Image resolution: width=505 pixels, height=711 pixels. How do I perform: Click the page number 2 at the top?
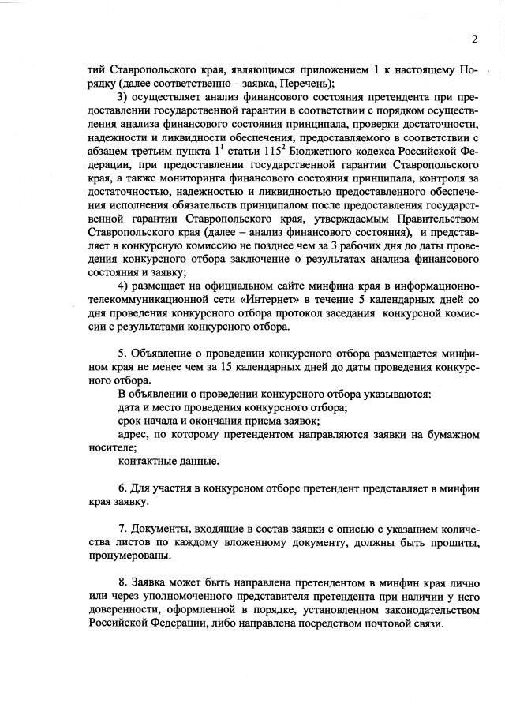[475, 39]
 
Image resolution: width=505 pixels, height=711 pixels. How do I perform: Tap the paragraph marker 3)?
[122, 97]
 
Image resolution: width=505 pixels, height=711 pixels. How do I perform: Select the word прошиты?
[454, 542]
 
